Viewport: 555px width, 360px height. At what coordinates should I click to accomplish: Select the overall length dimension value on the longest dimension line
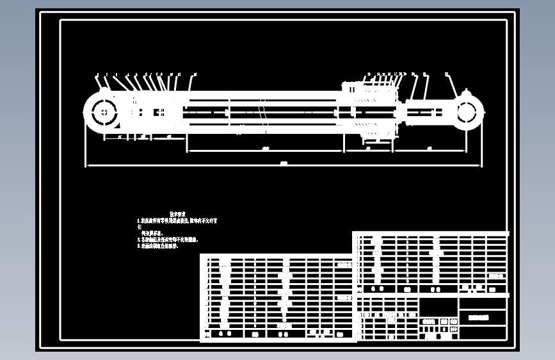284,164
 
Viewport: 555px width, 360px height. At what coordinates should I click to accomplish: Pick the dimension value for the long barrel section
265,149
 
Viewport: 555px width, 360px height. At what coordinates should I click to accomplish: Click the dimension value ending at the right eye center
428,149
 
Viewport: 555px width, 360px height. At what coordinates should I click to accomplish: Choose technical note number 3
159,246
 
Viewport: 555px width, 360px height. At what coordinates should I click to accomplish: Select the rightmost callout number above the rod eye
446,74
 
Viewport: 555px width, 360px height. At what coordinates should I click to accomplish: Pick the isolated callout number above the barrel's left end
195,75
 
